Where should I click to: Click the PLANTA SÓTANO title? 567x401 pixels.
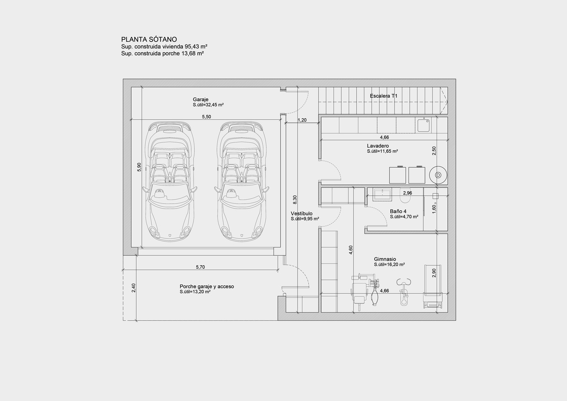tap(149, 40)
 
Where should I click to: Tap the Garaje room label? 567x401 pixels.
tap(200, 99)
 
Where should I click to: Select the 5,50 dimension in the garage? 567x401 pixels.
tap(206, 117)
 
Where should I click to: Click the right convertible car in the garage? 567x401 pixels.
tap(242, 181)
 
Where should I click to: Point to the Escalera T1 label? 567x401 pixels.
tap(384, 96)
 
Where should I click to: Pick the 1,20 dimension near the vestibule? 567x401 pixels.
tap(302, 120)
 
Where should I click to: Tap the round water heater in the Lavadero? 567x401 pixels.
tap(438, 175)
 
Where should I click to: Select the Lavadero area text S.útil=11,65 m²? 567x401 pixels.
tap(382, 151)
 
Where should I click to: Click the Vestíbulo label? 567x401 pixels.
tap(301, 214)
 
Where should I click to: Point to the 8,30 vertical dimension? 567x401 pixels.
tap(295, 200)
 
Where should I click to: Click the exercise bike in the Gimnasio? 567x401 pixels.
tap(403, 292)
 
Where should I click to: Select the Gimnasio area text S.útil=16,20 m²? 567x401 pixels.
tap(389, 264)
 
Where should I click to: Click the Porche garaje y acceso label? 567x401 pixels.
tap(207, 286)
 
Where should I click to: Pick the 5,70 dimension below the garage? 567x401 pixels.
tap(200, 267)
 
